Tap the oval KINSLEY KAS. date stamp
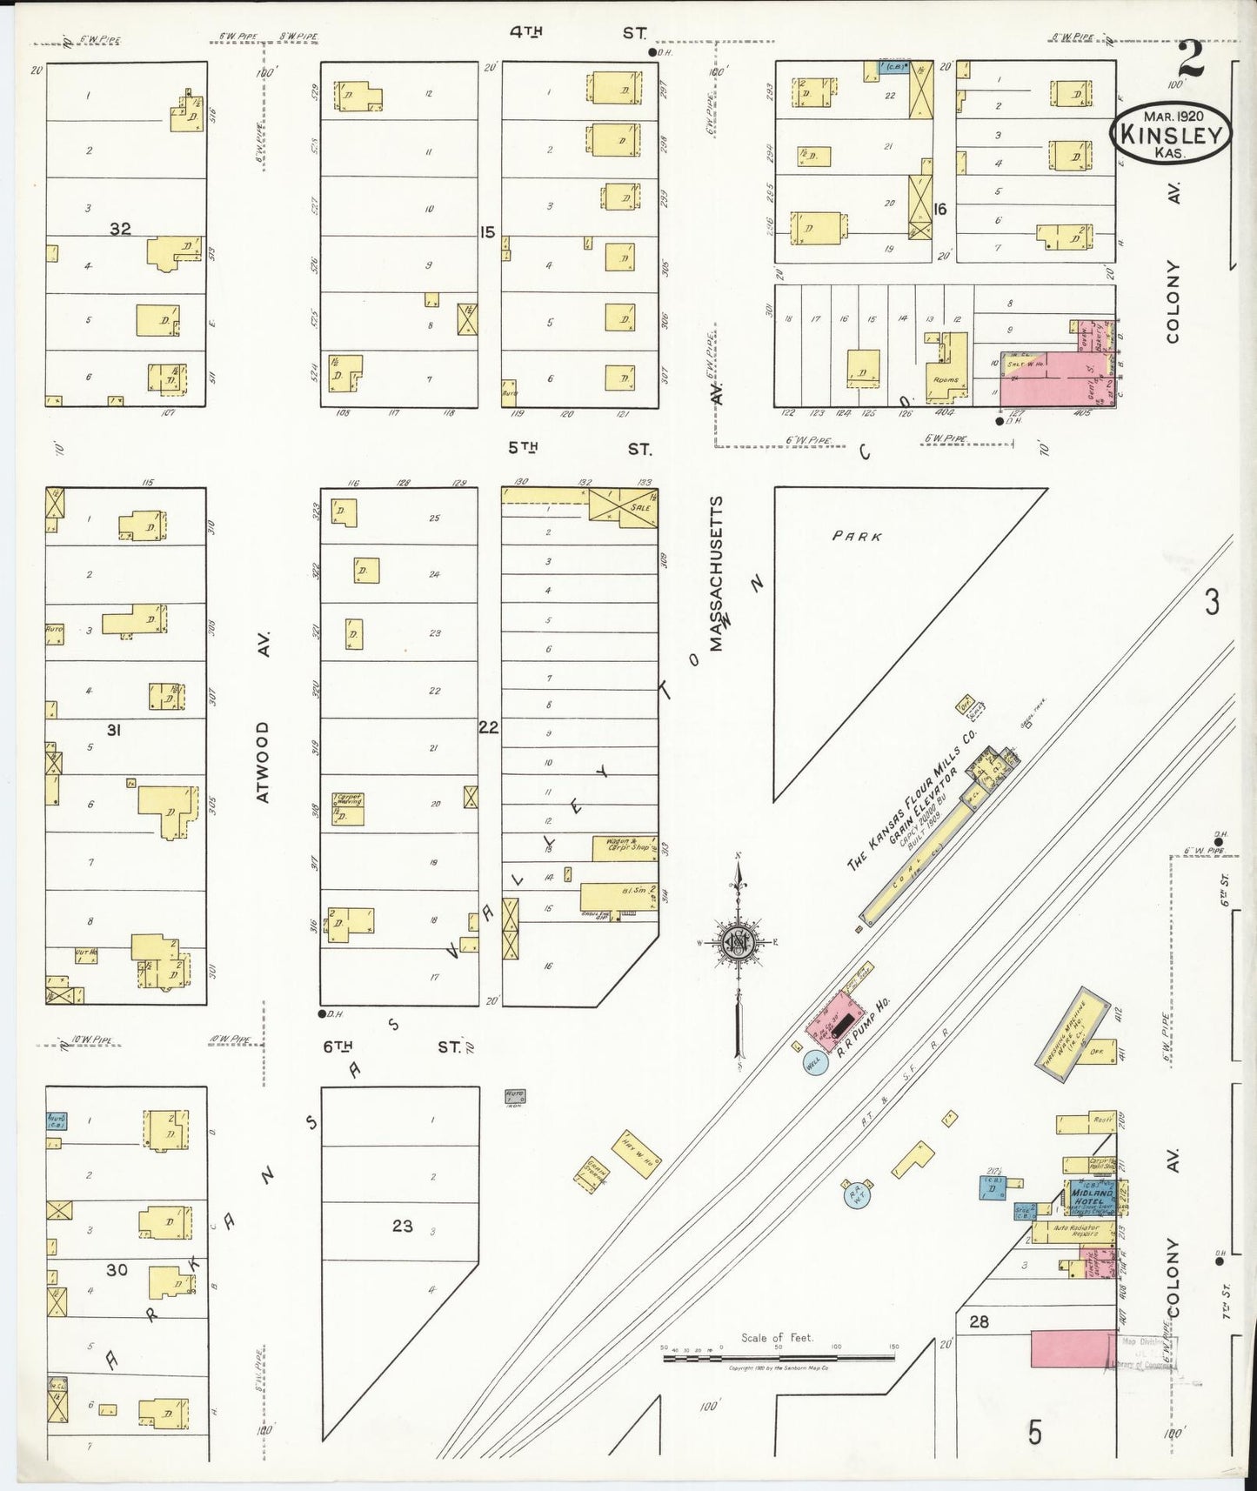click(x=1171, y=134)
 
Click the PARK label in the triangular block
click(x=857, y=537)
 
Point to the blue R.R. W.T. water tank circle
click(x=855, y=1194)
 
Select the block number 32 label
click(x=120, y=229)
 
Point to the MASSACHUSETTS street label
click(x=715, y=574)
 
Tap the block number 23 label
click(x=402, y=1226)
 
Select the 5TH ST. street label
click(x=578, y=449)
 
